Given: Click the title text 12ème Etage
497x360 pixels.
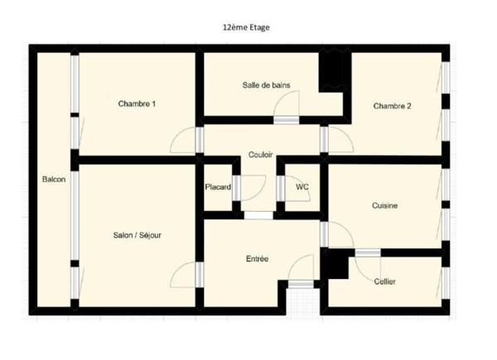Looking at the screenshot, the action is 246,27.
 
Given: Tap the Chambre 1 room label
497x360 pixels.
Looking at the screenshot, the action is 137,103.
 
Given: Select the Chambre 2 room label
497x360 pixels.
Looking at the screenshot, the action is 392,106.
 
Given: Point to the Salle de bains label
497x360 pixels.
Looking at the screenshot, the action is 266,85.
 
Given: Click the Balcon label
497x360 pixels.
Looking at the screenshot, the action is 54,180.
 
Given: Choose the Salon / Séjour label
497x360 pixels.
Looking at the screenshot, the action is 138,235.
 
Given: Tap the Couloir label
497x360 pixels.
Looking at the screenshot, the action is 261,155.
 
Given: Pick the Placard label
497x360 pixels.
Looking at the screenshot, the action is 218,187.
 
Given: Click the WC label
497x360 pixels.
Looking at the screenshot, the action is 302,187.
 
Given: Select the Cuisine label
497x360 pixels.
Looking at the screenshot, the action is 385,206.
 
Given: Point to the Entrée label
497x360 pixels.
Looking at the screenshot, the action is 257,259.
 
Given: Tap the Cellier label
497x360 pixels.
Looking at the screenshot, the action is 385,281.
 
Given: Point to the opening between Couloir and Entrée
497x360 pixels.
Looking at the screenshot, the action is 258,216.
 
